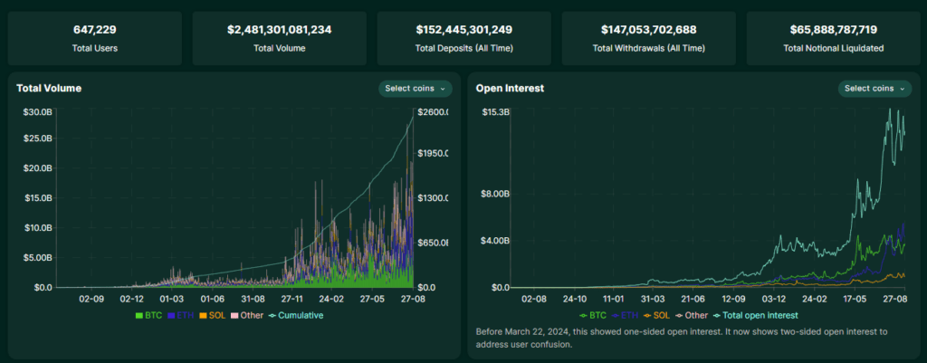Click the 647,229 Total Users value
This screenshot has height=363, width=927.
coord(97,30)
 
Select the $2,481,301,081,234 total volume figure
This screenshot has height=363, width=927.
coord(280,30)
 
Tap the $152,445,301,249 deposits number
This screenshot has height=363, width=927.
coord(463,30)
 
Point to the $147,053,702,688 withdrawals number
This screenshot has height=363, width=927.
coord(648,30)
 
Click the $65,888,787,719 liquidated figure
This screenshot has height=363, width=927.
coord(832,30)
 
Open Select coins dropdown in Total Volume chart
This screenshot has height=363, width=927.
coord(416,89)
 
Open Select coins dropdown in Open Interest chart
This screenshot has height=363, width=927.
coord(875,89)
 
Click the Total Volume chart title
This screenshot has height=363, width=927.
coord(49,89)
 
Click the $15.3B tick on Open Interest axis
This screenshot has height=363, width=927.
coord(494,112)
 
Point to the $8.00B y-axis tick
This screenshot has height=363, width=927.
coord(493,194)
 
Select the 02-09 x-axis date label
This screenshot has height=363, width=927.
coord(92,297)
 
